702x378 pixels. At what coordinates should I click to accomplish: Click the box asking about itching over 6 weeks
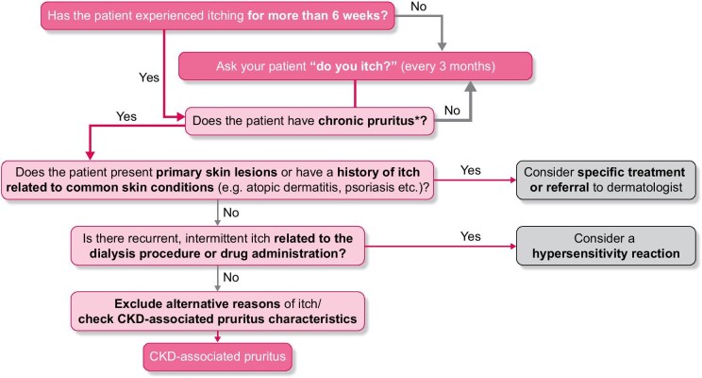coord(218,16)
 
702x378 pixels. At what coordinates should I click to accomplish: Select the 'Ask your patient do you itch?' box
coord(356,66)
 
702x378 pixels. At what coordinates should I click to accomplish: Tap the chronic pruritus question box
coord(309,121)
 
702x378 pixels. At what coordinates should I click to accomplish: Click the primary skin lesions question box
coord(218,180)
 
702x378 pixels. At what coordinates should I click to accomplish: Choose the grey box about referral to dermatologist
coord(606,180)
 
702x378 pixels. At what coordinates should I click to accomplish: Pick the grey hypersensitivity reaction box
coord(606,246)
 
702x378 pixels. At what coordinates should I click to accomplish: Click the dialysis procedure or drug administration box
coord(218,246)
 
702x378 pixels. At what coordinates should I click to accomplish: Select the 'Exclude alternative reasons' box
coord(218,311)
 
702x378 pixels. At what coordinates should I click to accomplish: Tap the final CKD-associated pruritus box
coord(218,357)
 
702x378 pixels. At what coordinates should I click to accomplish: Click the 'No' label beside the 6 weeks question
coord(419,7)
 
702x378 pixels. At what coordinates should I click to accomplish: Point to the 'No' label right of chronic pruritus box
coord(452,111)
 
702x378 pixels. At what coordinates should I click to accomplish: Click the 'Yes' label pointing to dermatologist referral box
coord(471,170)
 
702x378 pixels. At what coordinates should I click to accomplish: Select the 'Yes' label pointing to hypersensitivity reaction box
coord(471,236)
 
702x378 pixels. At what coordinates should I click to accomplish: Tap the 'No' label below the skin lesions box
coord(231,213)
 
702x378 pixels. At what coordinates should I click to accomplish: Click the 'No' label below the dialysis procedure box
coord(231,278)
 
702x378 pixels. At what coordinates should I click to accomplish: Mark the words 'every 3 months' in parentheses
coord(447,66)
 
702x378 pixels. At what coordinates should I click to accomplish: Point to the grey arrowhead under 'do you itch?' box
coord(471,86)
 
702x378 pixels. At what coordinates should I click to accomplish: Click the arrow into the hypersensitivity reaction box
coord(441,246)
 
